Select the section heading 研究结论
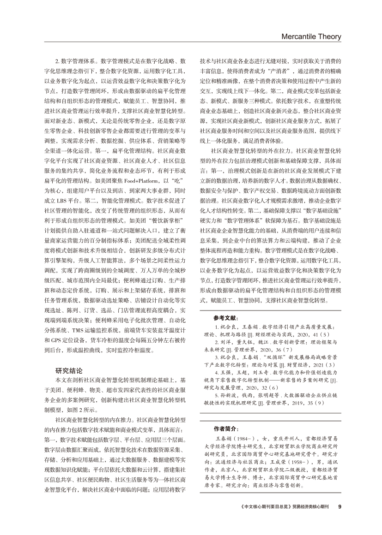69,370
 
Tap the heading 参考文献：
226,318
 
